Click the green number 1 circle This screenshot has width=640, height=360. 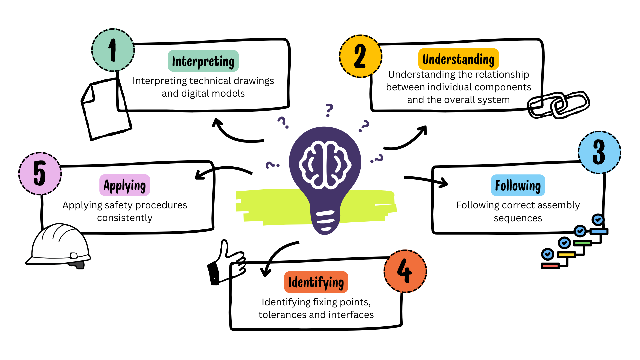point(113,50)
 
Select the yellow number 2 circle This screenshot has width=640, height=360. point(360,56)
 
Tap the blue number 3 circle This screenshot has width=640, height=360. point(599,152)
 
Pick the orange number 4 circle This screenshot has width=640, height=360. point(405,271)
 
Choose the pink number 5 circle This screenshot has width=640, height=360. point(40,174)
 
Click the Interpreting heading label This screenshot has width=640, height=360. point(203,61)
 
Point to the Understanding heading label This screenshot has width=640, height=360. point(458,59)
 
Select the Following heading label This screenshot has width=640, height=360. point(518,185)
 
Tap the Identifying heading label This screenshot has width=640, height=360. point(316,282)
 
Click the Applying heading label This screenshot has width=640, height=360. point(125,185)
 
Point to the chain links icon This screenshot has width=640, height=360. point(559,105)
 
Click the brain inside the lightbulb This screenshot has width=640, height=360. point(325,165)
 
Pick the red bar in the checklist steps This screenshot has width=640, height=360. point(550,266)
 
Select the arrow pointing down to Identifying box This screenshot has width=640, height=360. point(277,257)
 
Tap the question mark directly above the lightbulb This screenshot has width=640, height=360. point(329,110)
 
